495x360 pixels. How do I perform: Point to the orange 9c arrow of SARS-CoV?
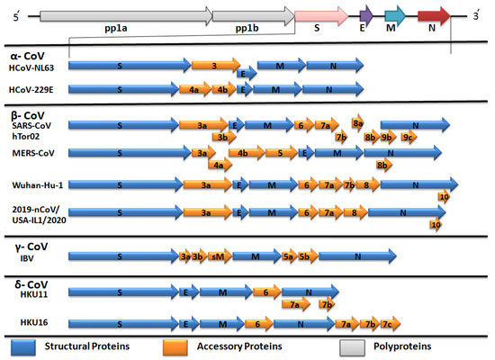[x=408, y=137]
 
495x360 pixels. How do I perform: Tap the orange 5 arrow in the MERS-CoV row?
[x=283, y=153]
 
